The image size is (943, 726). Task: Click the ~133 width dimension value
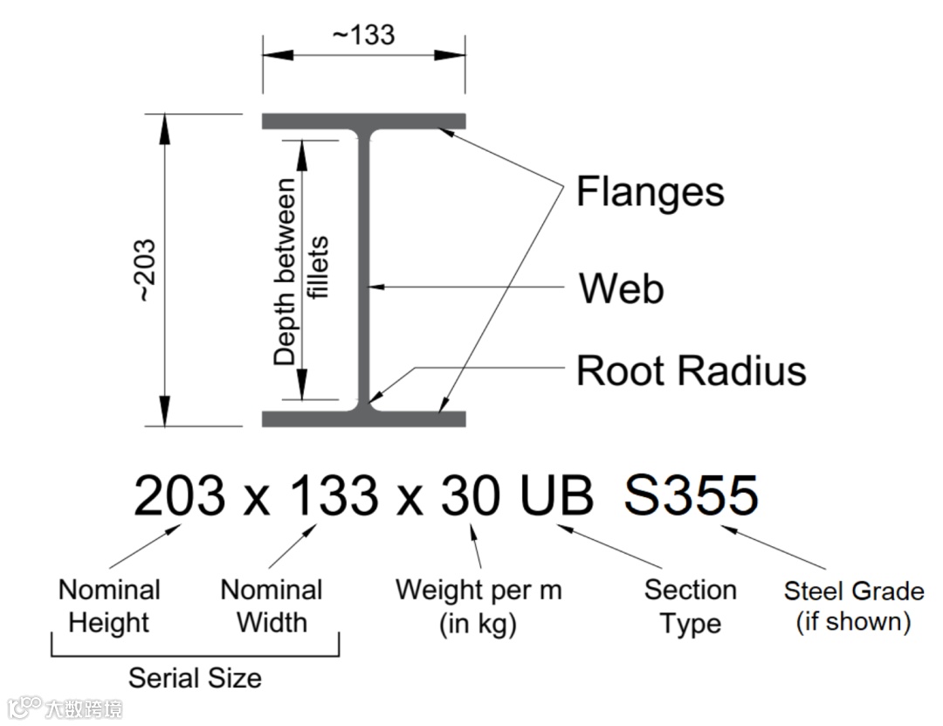[363, 35]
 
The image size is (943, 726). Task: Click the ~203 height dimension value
[146, 270]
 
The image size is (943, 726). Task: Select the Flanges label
[650, 192]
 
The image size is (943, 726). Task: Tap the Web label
[622, 288]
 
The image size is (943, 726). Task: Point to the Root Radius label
[691, 370]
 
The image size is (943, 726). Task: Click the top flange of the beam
[364, 121]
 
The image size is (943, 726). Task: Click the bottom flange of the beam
[364, 418]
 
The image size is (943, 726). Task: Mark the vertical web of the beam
[364, 270]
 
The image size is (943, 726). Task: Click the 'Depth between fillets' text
[300, 270]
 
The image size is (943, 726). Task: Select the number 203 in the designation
[179, 494]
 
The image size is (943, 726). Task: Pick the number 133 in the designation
[334, 494]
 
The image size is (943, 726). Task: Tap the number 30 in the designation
[471, 494]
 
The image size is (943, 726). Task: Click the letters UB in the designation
[556, 494]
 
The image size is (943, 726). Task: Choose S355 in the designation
[691, 494]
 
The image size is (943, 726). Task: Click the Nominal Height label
[109, 606]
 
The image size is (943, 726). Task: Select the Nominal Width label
[272, 606]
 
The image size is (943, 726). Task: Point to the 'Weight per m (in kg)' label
[478, 607]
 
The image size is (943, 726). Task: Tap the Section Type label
[691, 607]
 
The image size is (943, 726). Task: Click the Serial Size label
[195, 679]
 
